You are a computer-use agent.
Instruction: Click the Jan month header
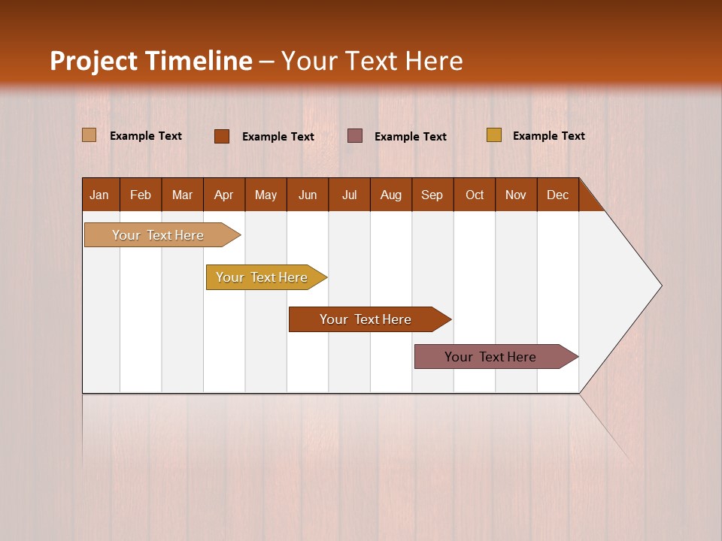pos(100,195)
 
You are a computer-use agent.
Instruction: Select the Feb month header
pos(141,195)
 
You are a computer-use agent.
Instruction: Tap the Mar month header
pos(182,195)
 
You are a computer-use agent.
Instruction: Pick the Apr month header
pos(224,195)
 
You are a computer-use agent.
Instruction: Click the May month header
pos(265,195)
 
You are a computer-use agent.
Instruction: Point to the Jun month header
pos(308,195)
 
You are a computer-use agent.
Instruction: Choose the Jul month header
pos(349,195)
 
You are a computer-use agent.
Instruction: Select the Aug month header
pos(391,195)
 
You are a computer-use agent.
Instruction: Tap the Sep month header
pos(432,195)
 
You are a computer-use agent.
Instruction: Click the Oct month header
pos(475,195)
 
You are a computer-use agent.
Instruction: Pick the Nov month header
pos(516,195)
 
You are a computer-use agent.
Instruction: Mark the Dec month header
pos(558,195)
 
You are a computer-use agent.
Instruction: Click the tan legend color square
pos(89,135)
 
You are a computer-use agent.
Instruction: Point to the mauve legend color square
pos(355,135)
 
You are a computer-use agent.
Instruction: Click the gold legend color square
pos(494,135)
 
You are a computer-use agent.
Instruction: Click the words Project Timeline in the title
pos(151,61)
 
